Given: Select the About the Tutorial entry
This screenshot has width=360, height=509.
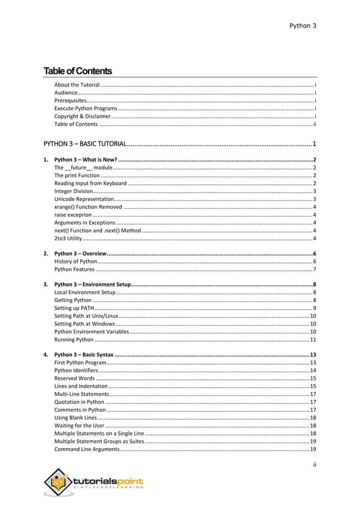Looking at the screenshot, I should coord(77,84).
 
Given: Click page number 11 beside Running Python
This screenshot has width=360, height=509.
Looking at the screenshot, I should coord(313,339).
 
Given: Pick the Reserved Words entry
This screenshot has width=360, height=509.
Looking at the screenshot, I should coord(74,378).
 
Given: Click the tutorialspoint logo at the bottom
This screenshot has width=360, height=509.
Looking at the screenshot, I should coord(94,483).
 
